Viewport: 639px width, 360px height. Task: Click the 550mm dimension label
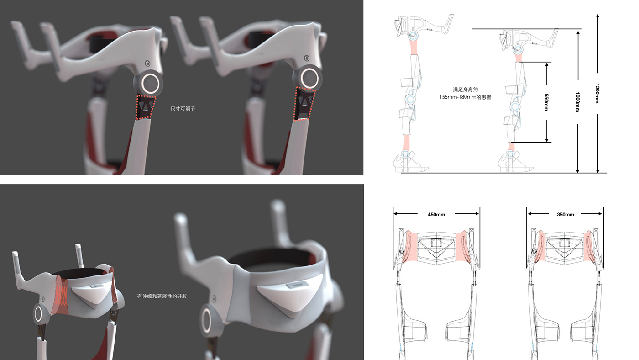click(x=546, y=102)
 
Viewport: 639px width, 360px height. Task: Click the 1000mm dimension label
click(x=577, y=102)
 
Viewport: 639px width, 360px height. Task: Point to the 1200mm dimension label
click(x=597, y=93)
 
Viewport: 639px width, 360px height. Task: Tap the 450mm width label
click(x=436, y=214)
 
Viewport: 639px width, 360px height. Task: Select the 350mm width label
click(x=566, y=214)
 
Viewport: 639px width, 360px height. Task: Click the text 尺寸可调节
click(x=183, y=108)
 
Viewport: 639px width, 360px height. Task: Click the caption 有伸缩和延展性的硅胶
click(x=162, y=296)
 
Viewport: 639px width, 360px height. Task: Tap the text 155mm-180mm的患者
click(x=465, y=97)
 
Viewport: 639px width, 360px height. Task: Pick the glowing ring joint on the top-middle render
click(x=309, y=78)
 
